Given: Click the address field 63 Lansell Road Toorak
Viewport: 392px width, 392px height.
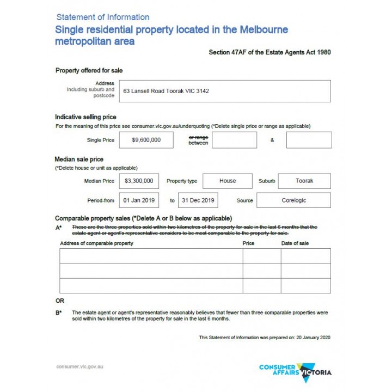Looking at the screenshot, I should click(x=226, y=91).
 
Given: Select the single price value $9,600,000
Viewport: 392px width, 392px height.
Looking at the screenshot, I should click(x=146, y=140).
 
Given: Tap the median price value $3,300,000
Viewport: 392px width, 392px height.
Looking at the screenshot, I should click(x=139, y=181).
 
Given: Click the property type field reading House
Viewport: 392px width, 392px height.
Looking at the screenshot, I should click(x=228, y=181).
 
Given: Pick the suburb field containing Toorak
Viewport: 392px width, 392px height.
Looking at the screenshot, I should click(x=305, y=181).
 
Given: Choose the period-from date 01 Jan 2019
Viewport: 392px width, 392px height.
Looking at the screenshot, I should click(x=139, y=200).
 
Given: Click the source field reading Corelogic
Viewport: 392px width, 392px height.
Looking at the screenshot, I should click(x=293, y=200).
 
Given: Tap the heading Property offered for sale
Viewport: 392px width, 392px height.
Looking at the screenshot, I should click(x=89, y=70).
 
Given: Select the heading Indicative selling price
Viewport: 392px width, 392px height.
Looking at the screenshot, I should click(x=85, y=117).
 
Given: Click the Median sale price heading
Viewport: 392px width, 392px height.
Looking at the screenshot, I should click(x=79, y=159).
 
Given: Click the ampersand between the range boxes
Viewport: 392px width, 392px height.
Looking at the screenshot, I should click(x=272, y=140).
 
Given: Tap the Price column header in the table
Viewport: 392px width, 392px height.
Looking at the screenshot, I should click(x=248, y=243).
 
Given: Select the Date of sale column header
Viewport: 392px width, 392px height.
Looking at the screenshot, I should click(x=295, y=243).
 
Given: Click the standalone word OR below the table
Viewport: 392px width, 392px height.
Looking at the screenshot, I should click(x=60, y=301).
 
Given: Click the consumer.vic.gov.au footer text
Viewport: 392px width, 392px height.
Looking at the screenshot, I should click(x=79, y=366).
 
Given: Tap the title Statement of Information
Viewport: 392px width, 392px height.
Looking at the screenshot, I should click(x=103, y=17).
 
